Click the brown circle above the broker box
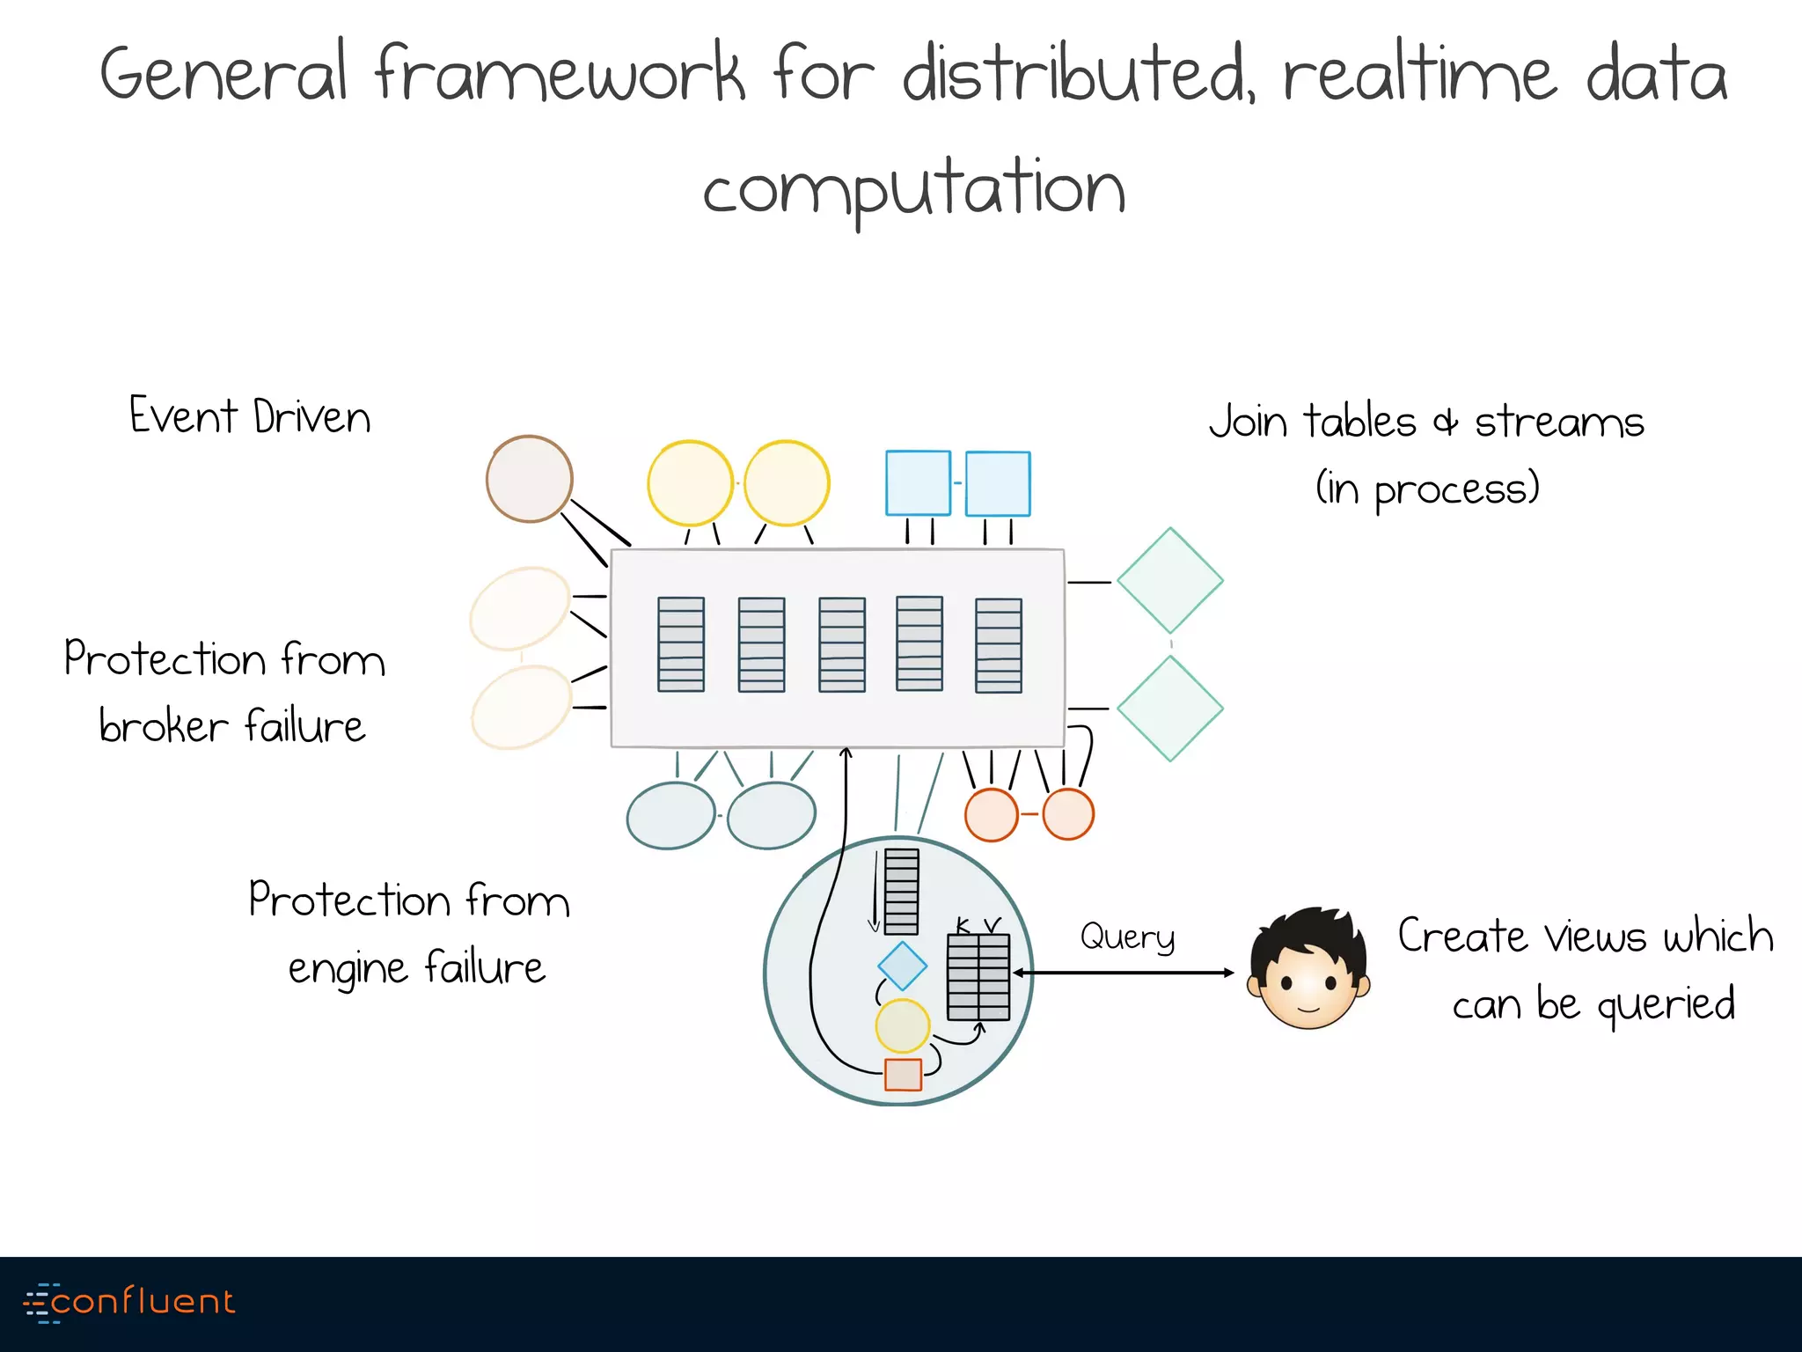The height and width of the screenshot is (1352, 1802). click(530, 479)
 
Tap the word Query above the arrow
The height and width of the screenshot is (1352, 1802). click(1127, 937)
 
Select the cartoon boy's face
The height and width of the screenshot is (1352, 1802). click(1308, 969)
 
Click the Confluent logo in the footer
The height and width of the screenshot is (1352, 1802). click(130, 1302)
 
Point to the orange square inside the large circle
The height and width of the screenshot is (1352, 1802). click(903, 1075)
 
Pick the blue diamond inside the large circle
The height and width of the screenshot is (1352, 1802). click(902, 966)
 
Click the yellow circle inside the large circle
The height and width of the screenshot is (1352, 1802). click(902, 1025)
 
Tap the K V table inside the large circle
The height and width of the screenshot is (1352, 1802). click(978, 977)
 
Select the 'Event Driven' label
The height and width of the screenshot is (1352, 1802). click(250, 416)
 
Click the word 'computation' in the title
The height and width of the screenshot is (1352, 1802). click(913, 189)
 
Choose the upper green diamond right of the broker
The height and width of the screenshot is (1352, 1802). click(1170, 581)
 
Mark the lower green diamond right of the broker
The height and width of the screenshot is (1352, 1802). click(1170, 708)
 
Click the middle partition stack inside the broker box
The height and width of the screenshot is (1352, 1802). click(842, 644)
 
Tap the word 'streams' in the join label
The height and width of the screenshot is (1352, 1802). click(1559, 422)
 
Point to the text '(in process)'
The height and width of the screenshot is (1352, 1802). click(1427, 489)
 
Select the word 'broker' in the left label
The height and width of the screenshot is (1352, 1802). click(164, 727)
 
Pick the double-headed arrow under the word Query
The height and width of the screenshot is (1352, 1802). click(1124, 973)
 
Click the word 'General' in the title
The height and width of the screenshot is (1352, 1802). click(223, 75)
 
